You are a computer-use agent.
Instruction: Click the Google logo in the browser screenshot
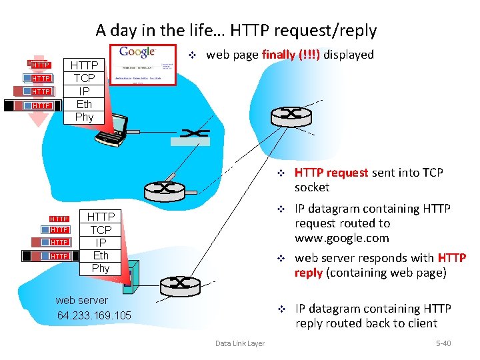[x=137, y=52]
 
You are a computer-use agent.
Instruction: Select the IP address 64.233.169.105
[x=94, y=315]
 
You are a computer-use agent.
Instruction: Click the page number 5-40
[x=443, y=343]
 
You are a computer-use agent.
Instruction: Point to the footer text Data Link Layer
[x=239, y=343]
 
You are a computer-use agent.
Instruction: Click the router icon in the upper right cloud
[x=291, y=114]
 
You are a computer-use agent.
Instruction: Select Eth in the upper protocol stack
[x=84, y=104]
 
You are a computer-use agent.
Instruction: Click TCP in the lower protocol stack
[x=101, y=230]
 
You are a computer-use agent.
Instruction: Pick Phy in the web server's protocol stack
[x=101, y=268]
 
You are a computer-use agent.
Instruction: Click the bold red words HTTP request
[x=331, y=173]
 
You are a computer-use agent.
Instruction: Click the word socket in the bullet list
[x=312, y=187]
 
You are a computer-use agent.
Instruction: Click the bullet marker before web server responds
[x=281, y=258]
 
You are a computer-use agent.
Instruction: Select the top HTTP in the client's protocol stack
[x=84, y=65]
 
